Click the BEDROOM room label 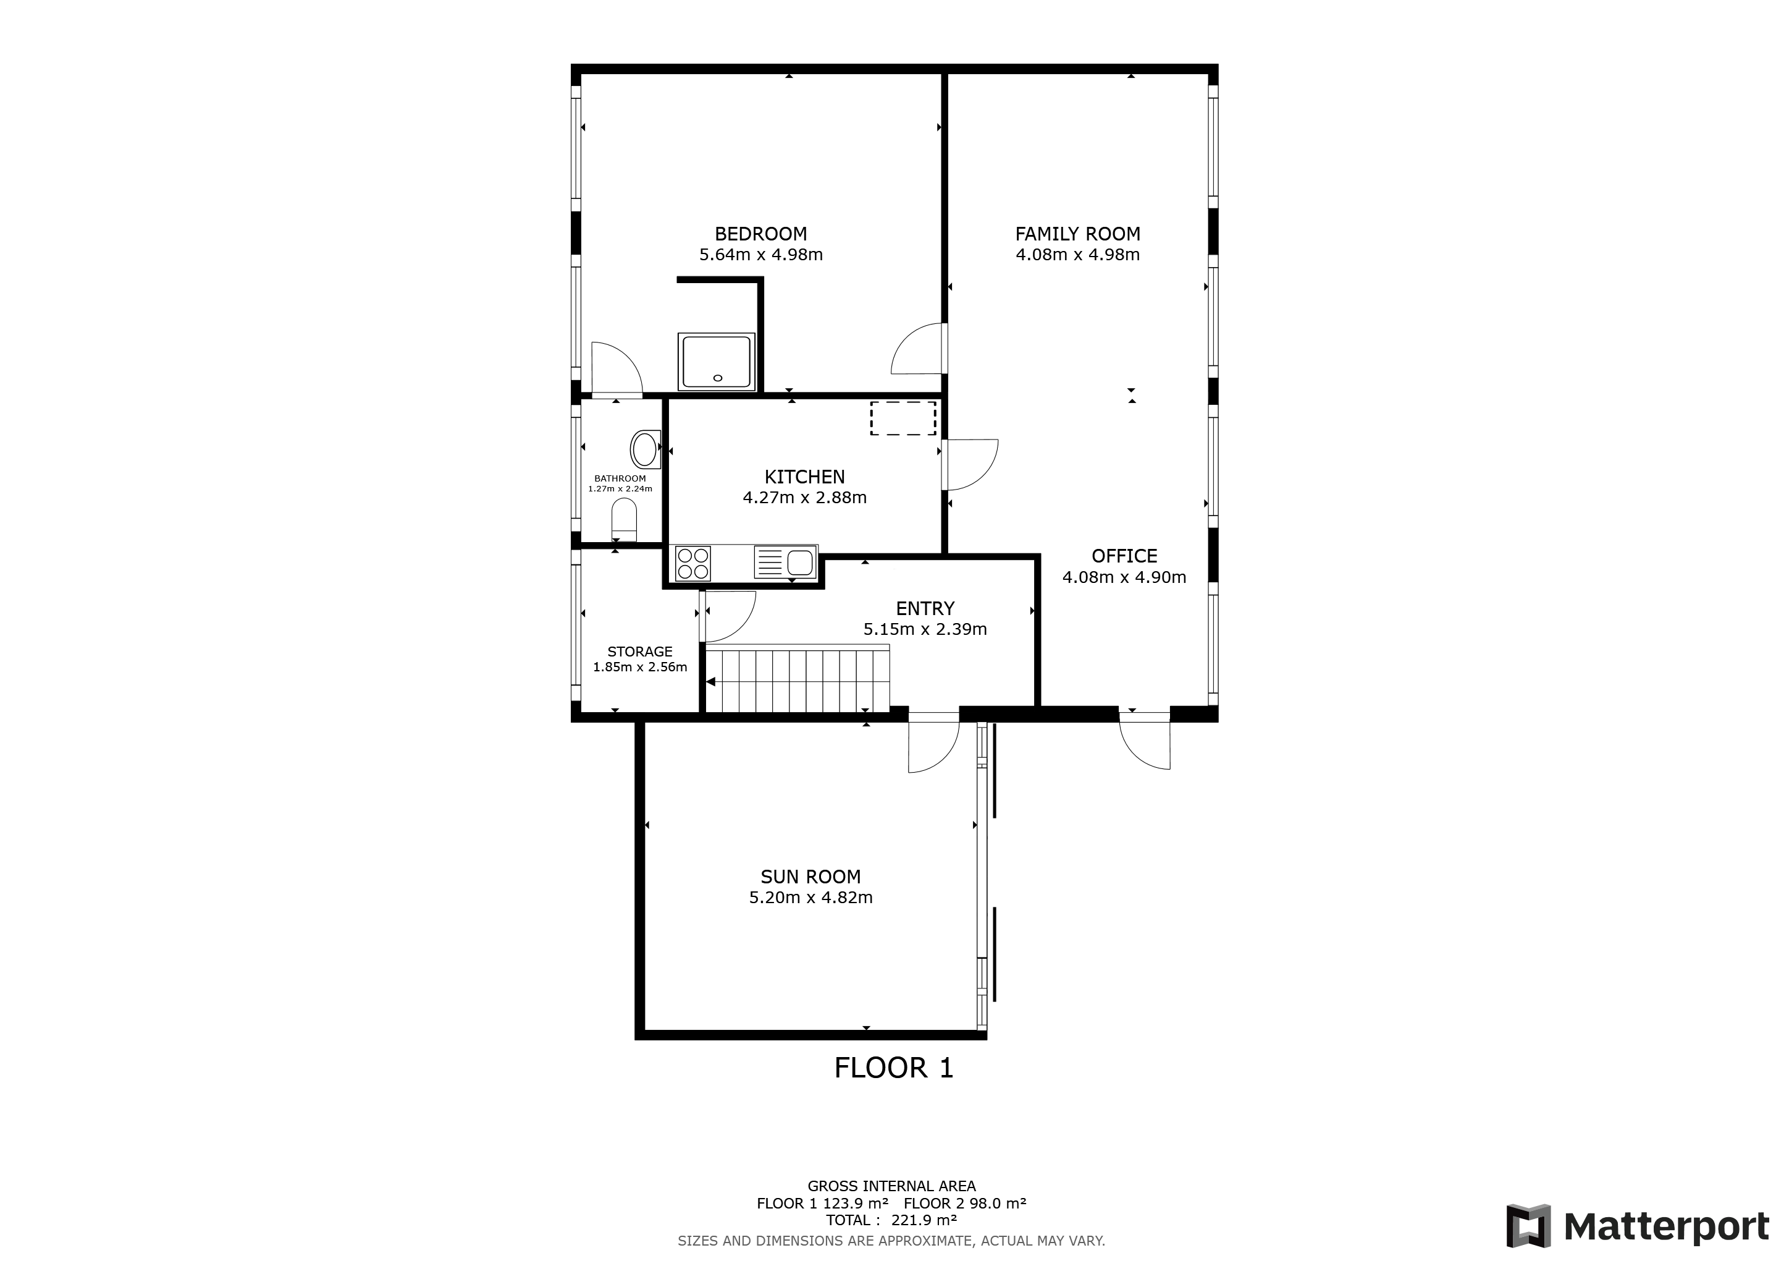(x=760, y=234)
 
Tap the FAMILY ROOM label (x=1077, y=234)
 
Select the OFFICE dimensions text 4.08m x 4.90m (x=1124, y=577)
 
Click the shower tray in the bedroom (x=716, y=362)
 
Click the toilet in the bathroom (x=624, y=519)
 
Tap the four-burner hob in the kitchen (x=692, y=564)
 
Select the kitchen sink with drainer (x=785, y=562)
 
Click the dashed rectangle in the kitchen (x=903, y=418)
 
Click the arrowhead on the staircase (x=710, y=682)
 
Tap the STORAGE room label (x=640, y=652)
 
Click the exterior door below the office (x=1145, y=741)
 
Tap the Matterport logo (x=1637, y=1227)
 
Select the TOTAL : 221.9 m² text (x=891, y=1220)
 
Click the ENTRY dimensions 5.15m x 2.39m (x=925, y=629)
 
